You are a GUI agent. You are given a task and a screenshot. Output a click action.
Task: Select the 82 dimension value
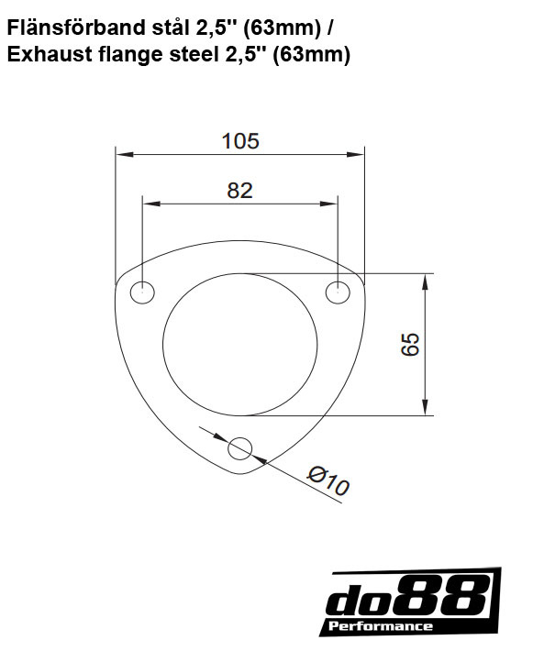239,190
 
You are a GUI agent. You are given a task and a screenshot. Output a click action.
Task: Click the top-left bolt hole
142,293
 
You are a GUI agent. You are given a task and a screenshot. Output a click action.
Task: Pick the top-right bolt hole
339,292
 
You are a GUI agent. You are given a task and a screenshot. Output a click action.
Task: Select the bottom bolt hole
240,448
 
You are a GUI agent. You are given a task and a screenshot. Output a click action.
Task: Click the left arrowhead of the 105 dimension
121,153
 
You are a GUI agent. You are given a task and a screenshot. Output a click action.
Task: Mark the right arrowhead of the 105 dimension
359,153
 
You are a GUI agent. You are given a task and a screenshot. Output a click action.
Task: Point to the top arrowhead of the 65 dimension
425,279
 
